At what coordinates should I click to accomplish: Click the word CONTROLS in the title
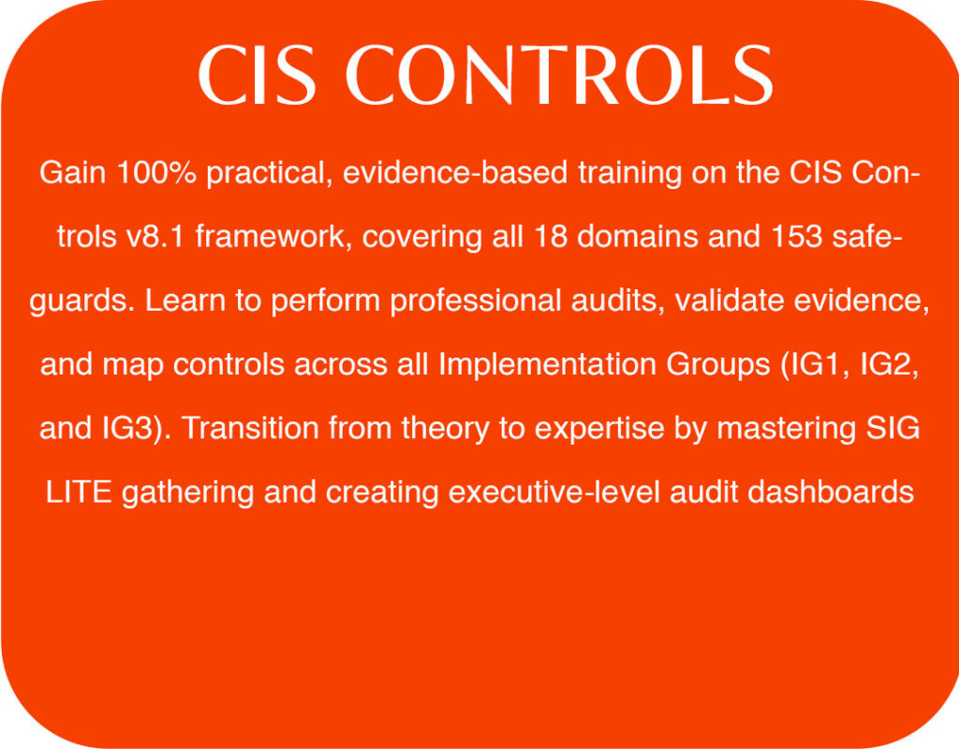point(560,75)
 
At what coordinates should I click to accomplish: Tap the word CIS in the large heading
point(258,75)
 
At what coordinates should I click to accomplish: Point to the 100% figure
point(156,172)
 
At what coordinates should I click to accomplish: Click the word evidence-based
point(455,172)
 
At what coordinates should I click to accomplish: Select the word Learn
point(185,301)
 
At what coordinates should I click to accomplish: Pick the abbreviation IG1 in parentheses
point(816,365)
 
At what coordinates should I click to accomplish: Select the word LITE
point(79,492)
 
